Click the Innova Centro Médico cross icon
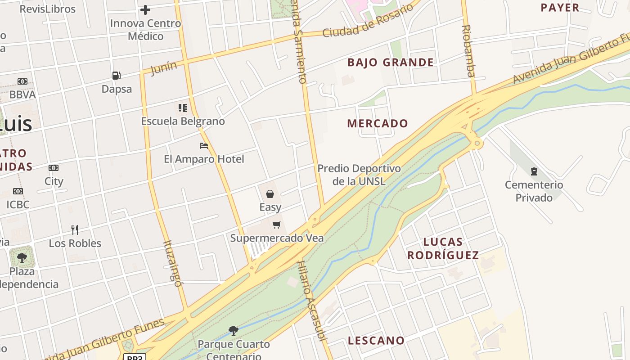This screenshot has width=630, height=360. point(145,9)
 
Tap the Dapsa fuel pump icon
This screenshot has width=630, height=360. point(117,75)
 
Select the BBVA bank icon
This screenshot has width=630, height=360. point(22,81)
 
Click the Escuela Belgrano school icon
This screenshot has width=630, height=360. point(183,108)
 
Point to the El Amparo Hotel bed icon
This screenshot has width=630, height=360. point(204,145)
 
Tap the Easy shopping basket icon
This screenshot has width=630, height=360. point(270,194)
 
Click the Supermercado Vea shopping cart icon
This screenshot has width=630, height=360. point(277,225)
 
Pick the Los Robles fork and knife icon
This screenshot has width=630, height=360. point(75,230)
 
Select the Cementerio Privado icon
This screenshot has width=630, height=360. point(534,171)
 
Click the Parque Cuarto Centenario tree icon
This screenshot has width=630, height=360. point(234,331)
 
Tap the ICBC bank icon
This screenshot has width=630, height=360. point(18,191)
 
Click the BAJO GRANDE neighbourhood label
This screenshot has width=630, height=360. point(391,63)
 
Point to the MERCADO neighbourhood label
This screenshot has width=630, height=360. point(378,123)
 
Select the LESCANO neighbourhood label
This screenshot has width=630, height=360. point(376,340)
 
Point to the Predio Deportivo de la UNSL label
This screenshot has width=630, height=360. point(359,175)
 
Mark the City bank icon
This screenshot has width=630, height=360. point(54,168)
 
